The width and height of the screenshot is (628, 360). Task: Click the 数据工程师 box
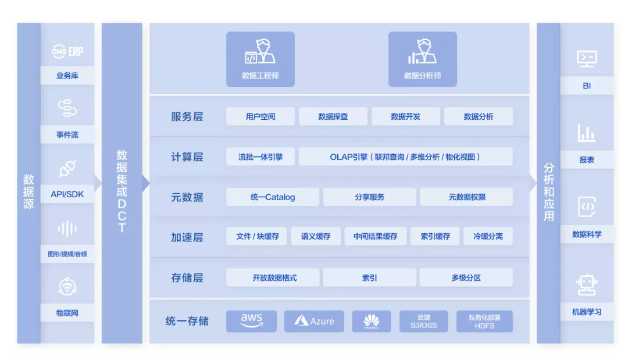(260, 59)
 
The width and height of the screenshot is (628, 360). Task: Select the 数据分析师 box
(422, 59)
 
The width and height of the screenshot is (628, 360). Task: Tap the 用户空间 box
(261, 116)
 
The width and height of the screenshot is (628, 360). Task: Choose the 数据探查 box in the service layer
(333, 116)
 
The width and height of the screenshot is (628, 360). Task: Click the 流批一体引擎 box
(261, 156)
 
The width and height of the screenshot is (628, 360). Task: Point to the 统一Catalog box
(273, 197)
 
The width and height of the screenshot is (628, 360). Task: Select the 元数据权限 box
(466, 197)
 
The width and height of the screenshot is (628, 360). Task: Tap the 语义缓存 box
(316, 236)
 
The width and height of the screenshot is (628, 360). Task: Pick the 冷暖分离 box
(488, 236)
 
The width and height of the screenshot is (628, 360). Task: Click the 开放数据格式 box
(273, 277)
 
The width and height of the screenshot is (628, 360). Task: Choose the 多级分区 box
(466, 277)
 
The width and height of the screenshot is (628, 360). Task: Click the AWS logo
(251, 321)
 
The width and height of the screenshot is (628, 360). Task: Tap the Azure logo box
(314, 321)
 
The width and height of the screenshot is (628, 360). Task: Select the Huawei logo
(372, 321)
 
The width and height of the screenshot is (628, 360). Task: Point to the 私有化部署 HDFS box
(484, 321)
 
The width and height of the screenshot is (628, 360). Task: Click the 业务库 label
(67, 76)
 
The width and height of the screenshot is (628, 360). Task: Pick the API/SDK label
(67, 194)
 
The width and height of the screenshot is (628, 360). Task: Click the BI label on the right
(587, 85)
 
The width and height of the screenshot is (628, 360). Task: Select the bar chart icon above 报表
(587, 133)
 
